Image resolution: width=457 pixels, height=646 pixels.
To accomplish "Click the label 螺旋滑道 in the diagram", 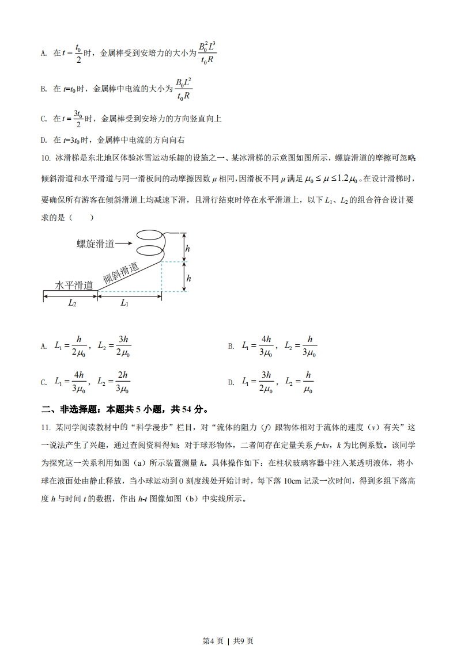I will (95, 244).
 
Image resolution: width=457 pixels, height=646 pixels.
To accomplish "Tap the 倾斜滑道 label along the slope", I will (121, 273).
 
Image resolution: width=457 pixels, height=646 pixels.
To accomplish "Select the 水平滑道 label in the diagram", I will (74, 285).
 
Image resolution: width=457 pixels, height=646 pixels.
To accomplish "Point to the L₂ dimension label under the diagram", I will (71, 303).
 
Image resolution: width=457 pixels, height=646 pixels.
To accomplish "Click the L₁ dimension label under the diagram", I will (124, 303).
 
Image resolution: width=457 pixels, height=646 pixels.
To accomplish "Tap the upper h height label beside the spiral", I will (188, 248).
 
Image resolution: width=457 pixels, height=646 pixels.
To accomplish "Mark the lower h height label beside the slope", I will (188, 278).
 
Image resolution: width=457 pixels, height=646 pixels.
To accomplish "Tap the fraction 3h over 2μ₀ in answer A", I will (123, 346).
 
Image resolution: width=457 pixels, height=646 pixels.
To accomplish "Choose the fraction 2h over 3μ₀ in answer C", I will (122, 382).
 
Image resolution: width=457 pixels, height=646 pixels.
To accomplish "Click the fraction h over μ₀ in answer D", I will (308, 382).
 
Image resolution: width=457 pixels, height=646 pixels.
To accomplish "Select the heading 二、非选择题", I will (64, 410).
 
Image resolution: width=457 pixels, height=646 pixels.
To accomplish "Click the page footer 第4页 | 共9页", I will (229, 625).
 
